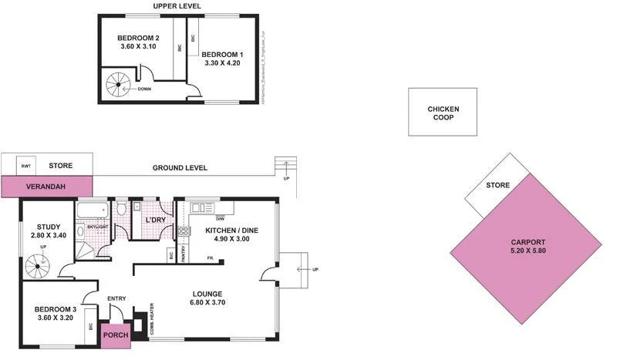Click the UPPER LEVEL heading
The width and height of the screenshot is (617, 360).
point(177,6)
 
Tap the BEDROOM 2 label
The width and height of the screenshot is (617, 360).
point(139,39)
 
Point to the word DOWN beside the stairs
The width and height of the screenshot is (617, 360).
point(144,89)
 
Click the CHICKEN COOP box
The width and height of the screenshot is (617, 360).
point(443,113)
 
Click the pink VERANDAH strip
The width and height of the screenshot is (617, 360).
point(46,187)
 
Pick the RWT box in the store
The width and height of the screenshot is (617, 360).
point(27,166)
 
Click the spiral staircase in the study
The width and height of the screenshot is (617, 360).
point(39,266)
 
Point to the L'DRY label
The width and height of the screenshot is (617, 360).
point(157,220)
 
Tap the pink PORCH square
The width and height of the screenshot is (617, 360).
point(116,335)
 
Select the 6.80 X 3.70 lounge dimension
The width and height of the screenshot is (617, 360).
point(208,304)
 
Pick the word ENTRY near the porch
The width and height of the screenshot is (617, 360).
point(116,299)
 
